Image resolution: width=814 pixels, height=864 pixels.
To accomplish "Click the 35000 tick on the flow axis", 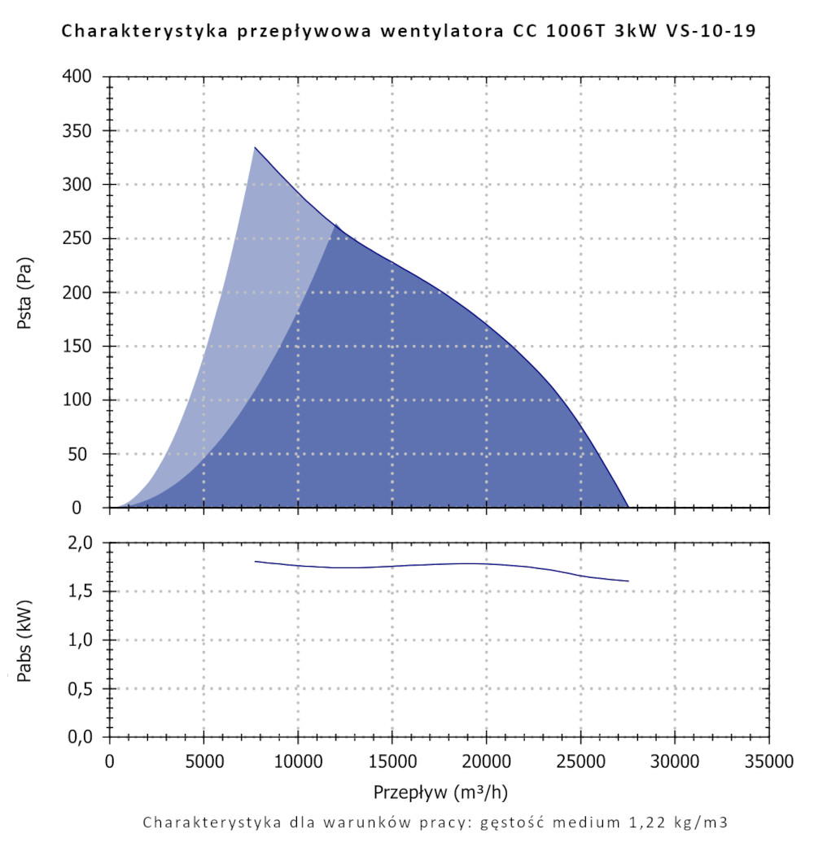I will (x=768, y=762).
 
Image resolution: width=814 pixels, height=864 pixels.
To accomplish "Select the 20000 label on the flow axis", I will (x=486, y=762).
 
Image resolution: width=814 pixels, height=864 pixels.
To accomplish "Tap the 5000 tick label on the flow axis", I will (x=203, y=762).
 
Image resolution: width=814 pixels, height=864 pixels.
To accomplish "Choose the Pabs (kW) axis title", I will (x=24, y=639).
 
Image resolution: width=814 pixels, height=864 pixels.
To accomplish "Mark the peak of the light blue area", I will (x=255, y=147).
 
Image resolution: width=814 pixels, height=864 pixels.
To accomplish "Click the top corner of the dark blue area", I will (x=335, y=224).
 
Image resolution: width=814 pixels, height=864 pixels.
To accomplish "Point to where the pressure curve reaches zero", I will (x=628, y=507).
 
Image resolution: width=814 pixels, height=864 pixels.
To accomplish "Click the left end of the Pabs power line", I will (x=255, y=561).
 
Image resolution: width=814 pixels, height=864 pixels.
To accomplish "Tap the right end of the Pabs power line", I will (x=628, y=581).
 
